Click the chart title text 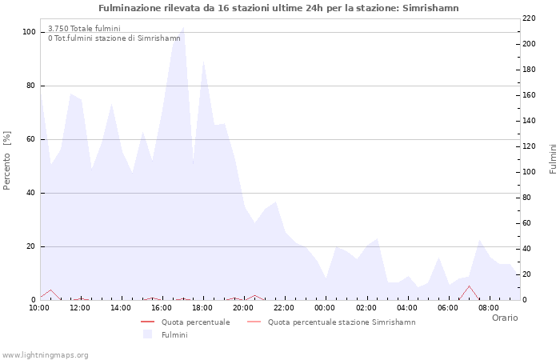[x=278, y=8]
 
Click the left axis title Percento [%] [x=7, y=160]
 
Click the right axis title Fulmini [x=552, y=159]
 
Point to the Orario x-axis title [x=504, y=318]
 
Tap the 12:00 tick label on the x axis [x=80, y=307]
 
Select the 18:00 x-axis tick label [x=202, y=307]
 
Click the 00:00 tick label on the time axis [x=325, y=307]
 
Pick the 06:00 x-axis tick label [x=447, y=307]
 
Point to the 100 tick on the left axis [x=30, y=32]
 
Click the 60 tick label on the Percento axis [x=30, y=139]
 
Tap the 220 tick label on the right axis [x=529, y=18]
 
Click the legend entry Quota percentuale [x=195, y=322]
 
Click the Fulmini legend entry [x=174, y=334]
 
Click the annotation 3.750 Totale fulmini [x=84, y=29]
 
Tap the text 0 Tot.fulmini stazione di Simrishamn [x=114, y=38]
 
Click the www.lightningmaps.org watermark [x=45, y=354]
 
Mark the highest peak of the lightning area [x=183, y=27]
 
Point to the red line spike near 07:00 [x=470, y=286]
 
